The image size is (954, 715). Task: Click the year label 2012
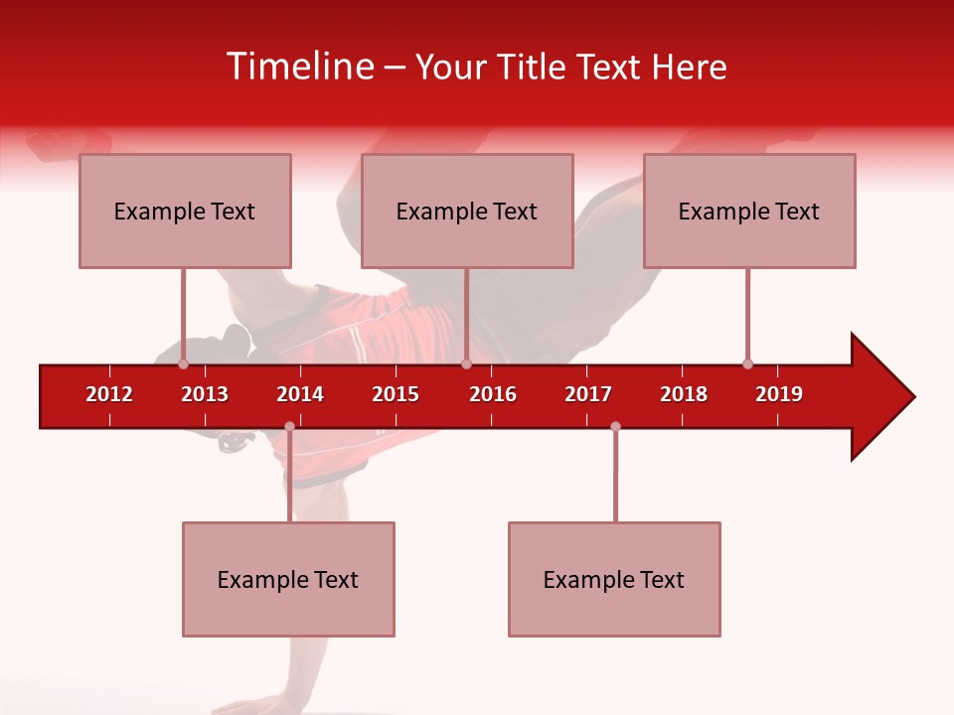[109, 394]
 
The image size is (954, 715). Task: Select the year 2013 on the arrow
[205, 394]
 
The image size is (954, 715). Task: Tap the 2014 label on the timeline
[300, 394]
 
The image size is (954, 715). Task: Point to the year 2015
[396, 394]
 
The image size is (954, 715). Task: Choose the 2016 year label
[493, 394]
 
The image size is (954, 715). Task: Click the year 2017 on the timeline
[588, 394]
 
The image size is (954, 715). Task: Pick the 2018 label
[684, 394]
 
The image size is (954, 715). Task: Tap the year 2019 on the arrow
[779, 394]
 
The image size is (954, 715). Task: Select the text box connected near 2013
[185, 211]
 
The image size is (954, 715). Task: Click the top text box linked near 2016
[467, 211]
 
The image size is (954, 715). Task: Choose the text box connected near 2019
[749, 211]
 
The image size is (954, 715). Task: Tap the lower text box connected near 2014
[288, 579]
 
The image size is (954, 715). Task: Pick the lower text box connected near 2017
[614, 579]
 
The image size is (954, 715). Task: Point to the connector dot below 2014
[289, 426]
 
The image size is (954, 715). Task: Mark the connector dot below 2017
[615, 426]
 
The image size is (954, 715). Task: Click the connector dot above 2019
[747, 363]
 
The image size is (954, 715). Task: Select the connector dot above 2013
[183, 363]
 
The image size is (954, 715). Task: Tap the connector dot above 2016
[466, 363]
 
